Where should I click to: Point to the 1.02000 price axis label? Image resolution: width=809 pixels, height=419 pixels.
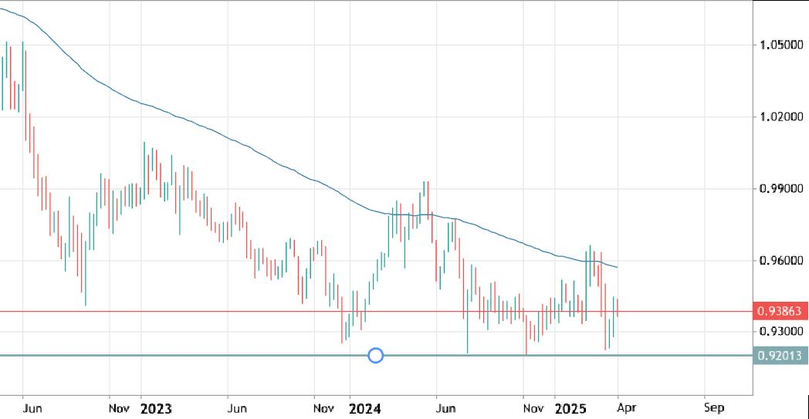tap(780, 117)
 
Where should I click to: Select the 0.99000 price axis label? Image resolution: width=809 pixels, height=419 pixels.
tap(780, 188)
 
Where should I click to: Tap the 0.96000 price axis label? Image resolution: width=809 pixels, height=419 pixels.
tap(780, 261)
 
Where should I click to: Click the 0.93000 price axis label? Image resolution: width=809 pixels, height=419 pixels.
tap(780, 332)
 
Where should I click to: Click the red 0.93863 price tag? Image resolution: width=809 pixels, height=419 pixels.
tap(780, 312)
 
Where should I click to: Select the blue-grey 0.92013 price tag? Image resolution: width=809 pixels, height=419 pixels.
tap(780, 355)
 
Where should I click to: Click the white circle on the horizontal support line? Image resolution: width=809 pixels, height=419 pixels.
tap(376, 355)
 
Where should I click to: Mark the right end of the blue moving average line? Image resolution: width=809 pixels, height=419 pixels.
tap(618, 268)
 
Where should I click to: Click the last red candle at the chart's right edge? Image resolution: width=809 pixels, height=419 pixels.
tap(618, 308)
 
